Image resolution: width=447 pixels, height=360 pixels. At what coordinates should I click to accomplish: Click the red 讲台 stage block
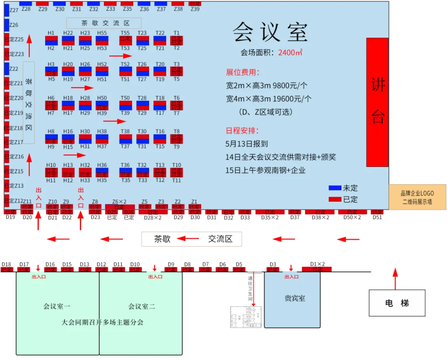pos(377,102)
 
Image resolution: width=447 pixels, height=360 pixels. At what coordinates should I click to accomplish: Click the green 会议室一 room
pos(57,307)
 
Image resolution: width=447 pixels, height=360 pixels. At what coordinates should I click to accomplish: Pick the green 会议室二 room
pos(141,307)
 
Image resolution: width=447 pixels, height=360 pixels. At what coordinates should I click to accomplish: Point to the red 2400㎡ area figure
pos(290,53)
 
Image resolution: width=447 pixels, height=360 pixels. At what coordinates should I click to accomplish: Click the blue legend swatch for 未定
pos(335,188)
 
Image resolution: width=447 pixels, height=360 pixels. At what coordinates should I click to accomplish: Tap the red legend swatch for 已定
pos(335,199)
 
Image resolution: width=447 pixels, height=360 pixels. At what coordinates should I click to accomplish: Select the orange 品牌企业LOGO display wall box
pos(417,197)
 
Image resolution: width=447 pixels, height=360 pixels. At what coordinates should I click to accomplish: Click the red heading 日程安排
pos(243,130)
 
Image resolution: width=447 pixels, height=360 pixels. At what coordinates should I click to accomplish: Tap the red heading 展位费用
pos(243,73)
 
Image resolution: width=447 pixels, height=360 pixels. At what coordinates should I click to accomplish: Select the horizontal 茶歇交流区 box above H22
pos(104,23)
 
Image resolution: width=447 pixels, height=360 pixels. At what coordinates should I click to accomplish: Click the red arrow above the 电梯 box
pos(395,278)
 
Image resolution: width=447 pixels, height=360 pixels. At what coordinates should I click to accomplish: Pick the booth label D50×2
pos(352,217)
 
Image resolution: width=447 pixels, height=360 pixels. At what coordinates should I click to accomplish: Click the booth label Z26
pos(14,25)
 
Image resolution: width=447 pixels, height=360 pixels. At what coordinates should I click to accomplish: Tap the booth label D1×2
pos(317,264)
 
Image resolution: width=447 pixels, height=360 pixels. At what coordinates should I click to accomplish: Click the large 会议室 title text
pos(270,32)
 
